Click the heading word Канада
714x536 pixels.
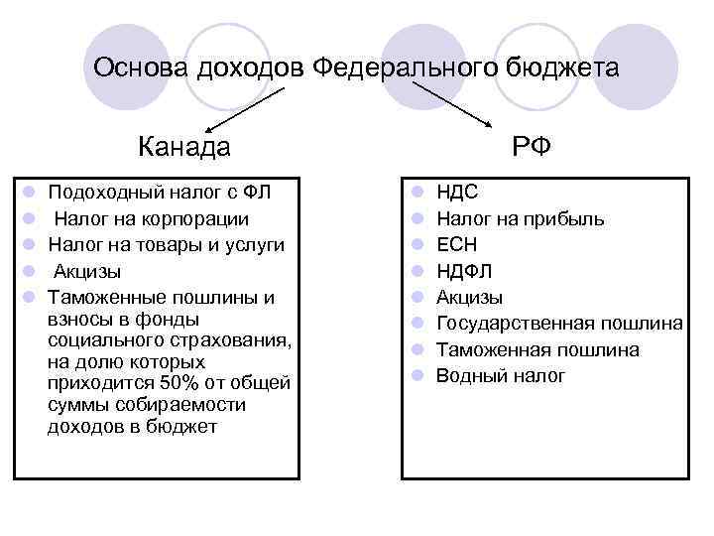[x=184, y=148]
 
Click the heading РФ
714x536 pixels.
[x=533, y=148]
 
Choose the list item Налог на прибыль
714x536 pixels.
[x=520, y=218]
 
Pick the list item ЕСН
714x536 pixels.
[x=457, y=244]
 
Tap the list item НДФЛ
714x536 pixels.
[x=464, y=271]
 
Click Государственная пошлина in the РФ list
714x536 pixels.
[x=559, y=324]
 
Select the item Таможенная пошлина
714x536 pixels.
[x=537, y=349]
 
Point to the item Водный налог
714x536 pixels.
[x=501, y=375]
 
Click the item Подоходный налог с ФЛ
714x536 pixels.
[x=159, y=193]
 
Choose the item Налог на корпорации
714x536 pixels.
[x=152, y=218]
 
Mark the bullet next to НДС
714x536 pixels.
[x=419, y=193]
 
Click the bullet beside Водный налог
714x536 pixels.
[x=419, y=375]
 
